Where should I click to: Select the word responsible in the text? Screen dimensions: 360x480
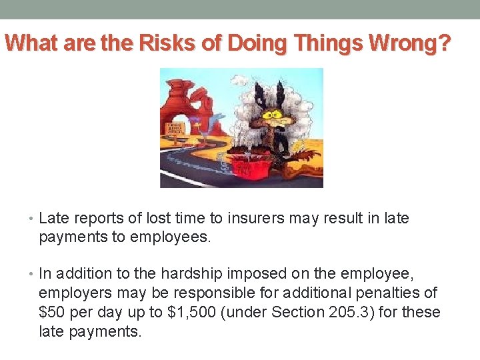point(200,292)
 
